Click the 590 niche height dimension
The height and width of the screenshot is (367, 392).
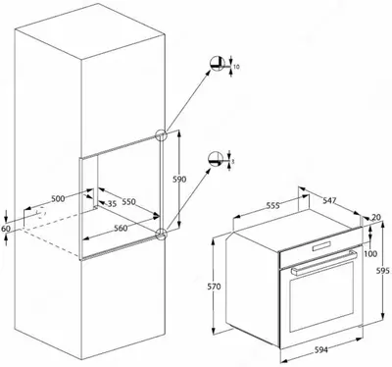click(179, 180)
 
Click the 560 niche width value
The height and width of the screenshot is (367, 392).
click(121, 229)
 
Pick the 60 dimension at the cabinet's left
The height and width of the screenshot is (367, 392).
click(5, 228)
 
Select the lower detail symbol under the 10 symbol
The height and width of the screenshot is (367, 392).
click(217, 156)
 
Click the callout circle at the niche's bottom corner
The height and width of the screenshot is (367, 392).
click(161, 233)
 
